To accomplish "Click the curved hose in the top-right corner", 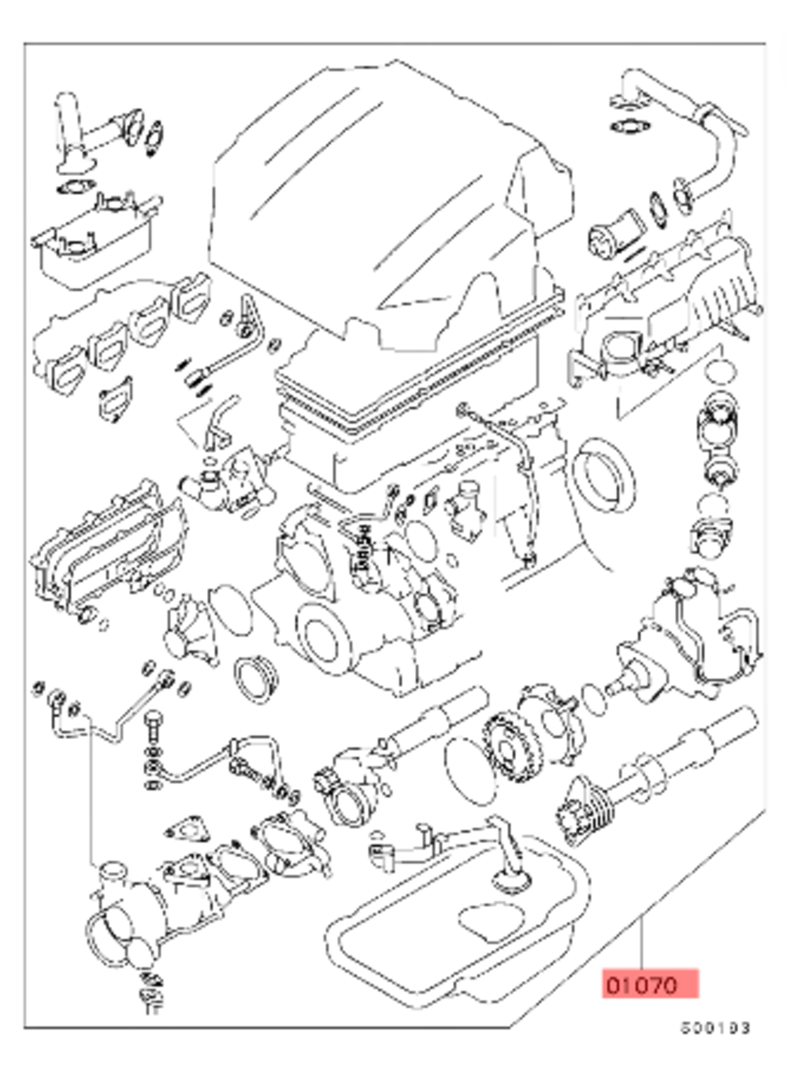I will [x=716, y=142].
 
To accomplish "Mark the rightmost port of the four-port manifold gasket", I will [x=194, y=298].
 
